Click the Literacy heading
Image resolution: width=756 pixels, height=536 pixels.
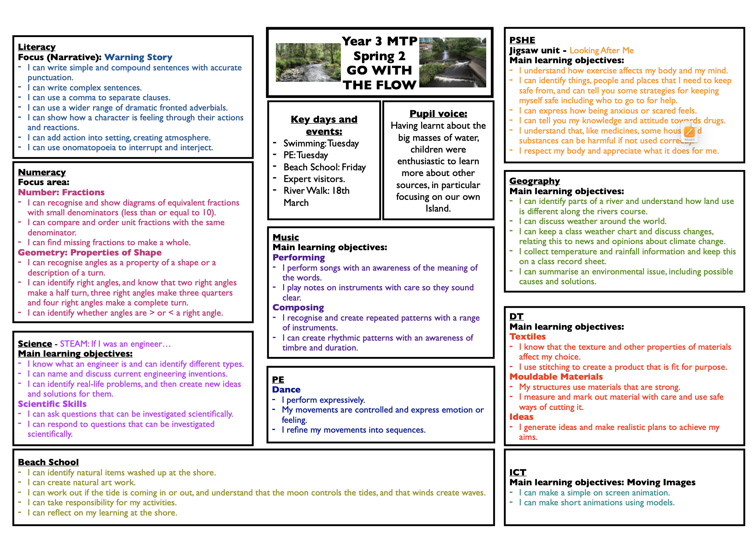tap(37, 47)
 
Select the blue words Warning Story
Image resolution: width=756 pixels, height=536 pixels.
tap(138, 57)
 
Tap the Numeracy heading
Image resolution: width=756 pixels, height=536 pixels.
tap(42, 172)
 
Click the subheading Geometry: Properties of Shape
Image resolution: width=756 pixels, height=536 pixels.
tap(90, 252)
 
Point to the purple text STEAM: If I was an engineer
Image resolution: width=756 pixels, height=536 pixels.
tap(115, 344)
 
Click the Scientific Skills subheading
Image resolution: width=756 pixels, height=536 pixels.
tap(52, 404)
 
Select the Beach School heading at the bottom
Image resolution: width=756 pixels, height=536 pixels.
tap(48, 462)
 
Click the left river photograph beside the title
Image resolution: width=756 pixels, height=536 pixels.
tap(308, 62)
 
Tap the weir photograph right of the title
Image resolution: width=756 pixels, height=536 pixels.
tap(453, 62)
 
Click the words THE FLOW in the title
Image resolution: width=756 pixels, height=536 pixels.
tap(380, 85)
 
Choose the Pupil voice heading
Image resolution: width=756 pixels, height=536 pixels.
tap(438, 114)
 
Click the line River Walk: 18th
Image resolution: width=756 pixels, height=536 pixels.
tap(316, 190)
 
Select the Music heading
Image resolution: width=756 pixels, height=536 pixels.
tap(286, 237)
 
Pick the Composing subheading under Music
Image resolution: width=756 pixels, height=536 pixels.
tap(298, 307)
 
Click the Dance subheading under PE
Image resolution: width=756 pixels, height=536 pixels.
tap(286, 390)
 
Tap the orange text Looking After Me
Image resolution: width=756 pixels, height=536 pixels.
tap(601, 50)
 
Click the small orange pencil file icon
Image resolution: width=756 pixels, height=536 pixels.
tap(689, 132)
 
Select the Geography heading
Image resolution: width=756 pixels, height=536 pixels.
tap(534, 181)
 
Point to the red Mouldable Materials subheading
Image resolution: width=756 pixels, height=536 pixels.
tap(556, 377)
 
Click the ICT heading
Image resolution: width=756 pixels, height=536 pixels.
tap(518, 472)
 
